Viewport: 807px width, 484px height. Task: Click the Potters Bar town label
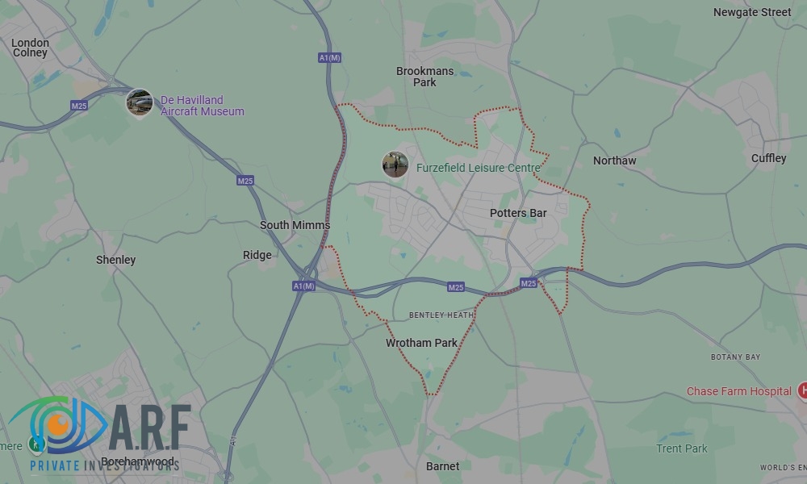pos(518,214)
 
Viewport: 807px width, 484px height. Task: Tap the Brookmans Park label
pos(424,77)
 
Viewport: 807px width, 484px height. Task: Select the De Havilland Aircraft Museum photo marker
pos(140,102)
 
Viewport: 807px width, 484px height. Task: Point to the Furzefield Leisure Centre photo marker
pos(395,165)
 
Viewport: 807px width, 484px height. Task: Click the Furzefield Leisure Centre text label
pos(479,169)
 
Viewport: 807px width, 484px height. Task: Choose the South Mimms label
pos(295,226)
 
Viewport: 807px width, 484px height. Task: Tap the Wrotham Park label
pos(421,343)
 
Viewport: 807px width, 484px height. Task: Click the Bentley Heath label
pos(441,315)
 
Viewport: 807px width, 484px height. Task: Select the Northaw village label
pos(614,161)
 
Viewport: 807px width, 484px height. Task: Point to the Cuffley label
pos(768,158)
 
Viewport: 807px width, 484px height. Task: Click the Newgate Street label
pos(752,12)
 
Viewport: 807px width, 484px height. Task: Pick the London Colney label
pos(30,48)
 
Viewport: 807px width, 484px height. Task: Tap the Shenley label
pos(116,260)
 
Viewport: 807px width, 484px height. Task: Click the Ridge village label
pos(257,255)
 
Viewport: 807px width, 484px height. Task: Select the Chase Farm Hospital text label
pos(738,391)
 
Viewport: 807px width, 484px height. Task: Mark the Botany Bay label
pos(735,357)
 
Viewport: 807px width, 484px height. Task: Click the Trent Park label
pos(682,449)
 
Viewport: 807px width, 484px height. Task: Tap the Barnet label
pos(442,466)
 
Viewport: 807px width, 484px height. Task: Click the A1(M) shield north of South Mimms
pos(329,57)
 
